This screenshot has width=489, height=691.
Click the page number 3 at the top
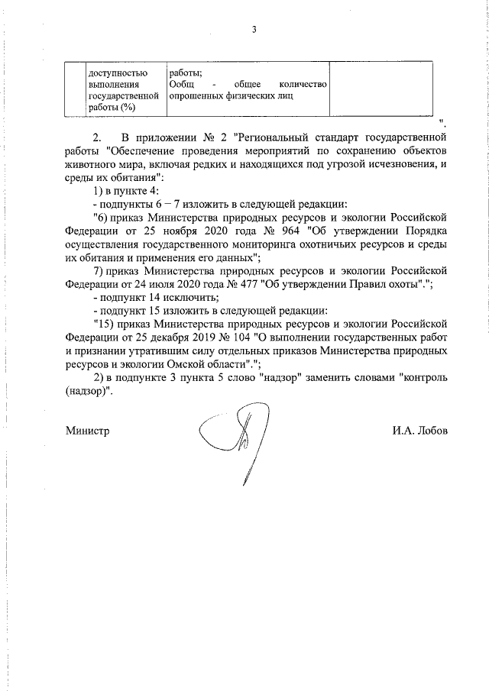point(254,30)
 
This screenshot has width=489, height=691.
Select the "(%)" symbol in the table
point(121,108)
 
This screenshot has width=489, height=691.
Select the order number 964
point(287,231)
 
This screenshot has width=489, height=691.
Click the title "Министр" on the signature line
point(87,430)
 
